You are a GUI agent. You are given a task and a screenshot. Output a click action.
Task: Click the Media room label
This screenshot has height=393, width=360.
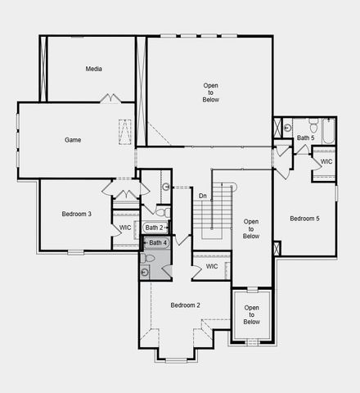coord(93,69)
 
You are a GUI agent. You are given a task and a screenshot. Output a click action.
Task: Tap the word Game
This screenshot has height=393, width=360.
coord(73,140)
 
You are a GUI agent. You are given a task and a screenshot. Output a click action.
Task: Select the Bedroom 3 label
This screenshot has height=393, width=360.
coord(76,214)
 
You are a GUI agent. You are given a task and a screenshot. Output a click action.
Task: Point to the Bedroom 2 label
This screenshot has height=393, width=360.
coord(185,305)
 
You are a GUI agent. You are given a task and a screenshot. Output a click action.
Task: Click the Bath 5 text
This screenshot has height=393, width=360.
coord(306,138)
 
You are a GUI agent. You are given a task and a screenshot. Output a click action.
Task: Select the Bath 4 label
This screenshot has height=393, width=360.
coord(158,242)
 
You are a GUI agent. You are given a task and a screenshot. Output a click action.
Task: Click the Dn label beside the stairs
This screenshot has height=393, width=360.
coord(202,195)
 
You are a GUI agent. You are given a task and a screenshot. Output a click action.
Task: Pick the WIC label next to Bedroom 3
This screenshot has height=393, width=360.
coord(125,228)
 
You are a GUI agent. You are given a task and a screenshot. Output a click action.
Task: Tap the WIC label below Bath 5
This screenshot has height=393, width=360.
coord(326,161)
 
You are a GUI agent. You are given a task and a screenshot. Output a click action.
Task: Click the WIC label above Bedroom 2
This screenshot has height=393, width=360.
coord(212,266)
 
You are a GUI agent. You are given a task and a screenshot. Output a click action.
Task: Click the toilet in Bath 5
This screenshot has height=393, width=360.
coord(289,128)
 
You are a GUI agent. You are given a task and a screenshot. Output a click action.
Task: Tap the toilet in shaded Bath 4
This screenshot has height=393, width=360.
coord(148,258)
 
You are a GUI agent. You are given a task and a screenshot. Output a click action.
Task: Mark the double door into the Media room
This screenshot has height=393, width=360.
coord(110,99)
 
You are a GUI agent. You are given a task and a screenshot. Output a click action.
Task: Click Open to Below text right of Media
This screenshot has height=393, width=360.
coord(211,92)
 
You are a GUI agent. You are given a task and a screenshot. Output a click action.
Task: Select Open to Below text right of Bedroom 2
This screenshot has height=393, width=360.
coord(251,314)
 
